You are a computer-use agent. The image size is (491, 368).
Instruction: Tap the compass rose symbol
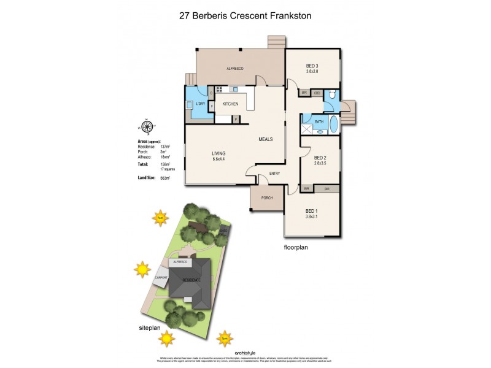tap(147, 128)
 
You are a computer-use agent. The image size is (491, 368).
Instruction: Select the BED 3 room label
tap(313, 66)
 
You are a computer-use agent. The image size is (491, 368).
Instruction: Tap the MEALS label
tap(265, 139)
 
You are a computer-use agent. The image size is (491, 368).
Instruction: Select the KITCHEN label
tap(230, 104)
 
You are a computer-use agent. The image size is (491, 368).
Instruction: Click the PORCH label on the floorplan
tap(267, 197)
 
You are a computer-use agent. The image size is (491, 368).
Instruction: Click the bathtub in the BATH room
tap(333, 125)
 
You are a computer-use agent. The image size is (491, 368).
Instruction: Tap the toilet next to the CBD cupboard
tap(331, 94)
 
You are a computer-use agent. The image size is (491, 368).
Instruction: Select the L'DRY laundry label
tap(199, 104)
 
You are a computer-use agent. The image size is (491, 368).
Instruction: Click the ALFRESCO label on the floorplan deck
tap(235, 69)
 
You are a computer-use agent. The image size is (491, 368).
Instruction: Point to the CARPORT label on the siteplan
tap(161, 277)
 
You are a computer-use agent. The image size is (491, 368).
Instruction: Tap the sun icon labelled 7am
tap(160, 217)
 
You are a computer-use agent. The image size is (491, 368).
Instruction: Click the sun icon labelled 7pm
tap(225, 338)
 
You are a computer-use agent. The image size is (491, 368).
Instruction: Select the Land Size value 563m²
tap(164, 178)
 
